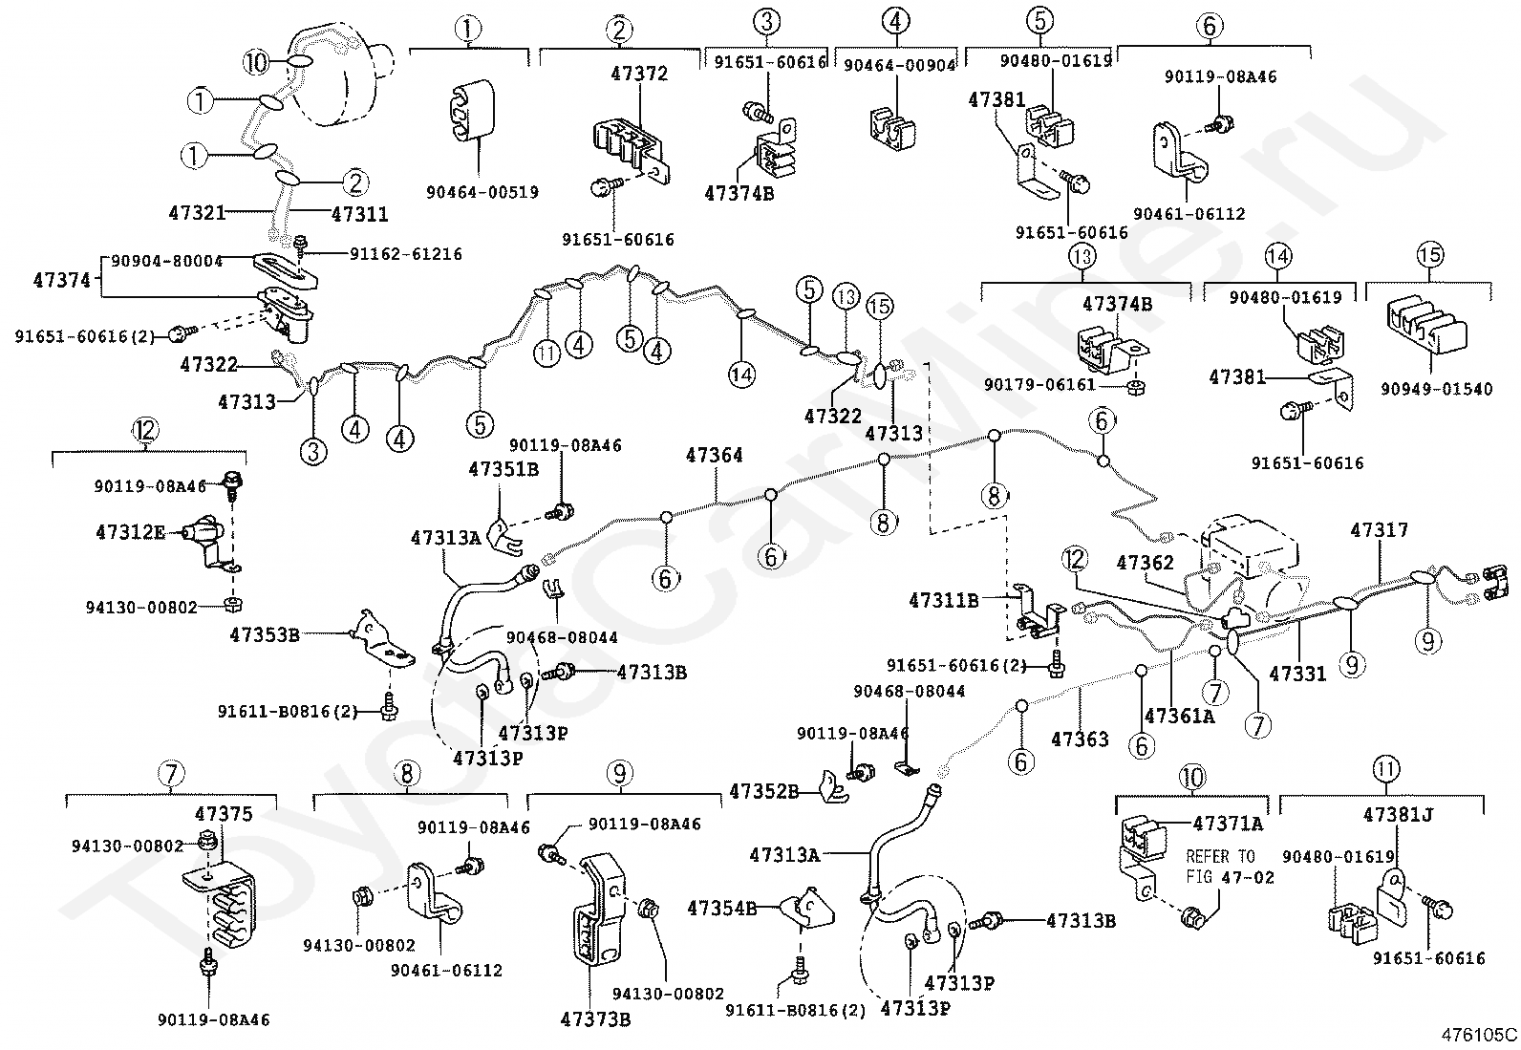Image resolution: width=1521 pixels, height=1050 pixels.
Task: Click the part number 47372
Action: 639,74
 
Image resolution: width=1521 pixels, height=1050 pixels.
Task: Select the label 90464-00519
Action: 482,192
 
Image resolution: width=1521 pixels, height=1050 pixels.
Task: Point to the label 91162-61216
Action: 405,254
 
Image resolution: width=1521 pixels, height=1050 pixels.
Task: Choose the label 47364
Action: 714,457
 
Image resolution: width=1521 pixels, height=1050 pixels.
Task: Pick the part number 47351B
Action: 503,469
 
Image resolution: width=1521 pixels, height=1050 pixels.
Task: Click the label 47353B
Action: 265,632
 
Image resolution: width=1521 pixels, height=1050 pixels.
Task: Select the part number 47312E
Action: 131,531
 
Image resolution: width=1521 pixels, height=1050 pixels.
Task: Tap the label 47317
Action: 1379,530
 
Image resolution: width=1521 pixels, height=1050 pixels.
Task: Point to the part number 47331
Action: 1297,674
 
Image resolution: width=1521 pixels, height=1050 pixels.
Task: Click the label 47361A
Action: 1179,715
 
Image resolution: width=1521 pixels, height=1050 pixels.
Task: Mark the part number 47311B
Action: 943,600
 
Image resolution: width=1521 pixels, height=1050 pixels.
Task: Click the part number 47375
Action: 224,814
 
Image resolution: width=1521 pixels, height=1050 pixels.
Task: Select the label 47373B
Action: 595,1018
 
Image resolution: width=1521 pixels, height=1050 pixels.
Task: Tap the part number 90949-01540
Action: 1435,390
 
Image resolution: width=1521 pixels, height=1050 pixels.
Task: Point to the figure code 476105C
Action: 1480,1034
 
